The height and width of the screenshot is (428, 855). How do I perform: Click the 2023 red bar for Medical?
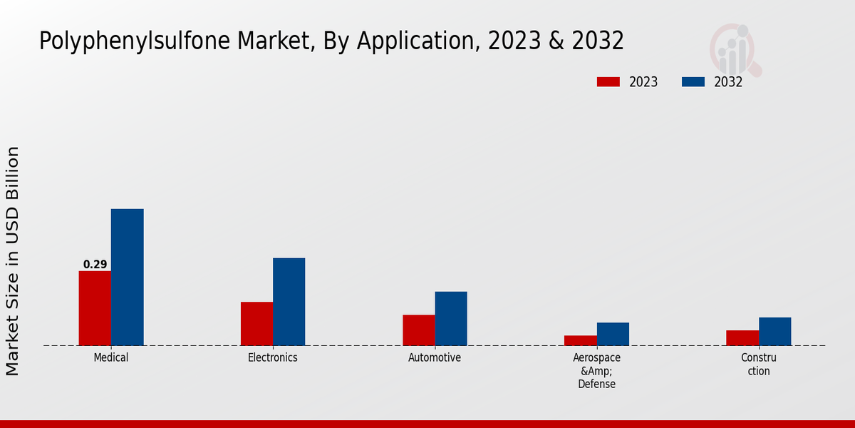tap(95, 308)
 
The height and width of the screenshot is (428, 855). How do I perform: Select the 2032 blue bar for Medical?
tap(127, 277)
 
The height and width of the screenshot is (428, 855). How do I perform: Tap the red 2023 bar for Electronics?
tap(256, 324)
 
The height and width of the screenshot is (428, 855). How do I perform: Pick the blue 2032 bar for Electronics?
tap(289, 302)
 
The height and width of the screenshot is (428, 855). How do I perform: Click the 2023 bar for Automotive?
tap(418, 330)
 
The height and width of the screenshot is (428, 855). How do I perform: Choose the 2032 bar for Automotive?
tap(451, 318)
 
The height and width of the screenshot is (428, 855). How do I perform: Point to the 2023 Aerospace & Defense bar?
tap(580, 340)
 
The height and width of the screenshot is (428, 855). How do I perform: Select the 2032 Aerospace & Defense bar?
tap(613, 334)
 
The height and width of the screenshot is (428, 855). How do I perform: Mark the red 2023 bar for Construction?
tap(742, 338)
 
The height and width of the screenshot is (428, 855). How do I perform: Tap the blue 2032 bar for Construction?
tap(774, 331)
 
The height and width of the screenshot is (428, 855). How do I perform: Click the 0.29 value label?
tap(95, 265)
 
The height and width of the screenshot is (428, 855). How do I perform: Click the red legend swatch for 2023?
tap(608, 82)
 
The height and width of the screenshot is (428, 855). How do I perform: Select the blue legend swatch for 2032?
tap(693, 82)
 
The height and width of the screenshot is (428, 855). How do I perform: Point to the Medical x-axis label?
tap(111, 357)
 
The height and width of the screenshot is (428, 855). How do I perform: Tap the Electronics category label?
tap(273, 357)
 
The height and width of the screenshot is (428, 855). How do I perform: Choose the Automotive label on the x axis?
tap(435, 357)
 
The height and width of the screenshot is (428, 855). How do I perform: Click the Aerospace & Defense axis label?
tap(596, 371)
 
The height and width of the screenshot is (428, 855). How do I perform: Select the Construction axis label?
tap(758, 365)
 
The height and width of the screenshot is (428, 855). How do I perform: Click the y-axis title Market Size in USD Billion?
tap(13, 260)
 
